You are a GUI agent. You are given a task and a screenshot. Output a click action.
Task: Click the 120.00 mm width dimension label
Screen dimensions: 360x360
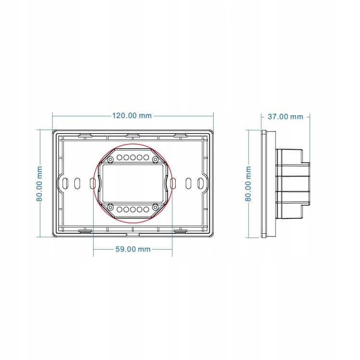tap(132, 116)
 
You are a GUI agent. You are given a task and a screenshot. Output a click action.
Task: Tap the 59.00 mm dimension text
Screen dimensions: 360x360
tap(133, 249)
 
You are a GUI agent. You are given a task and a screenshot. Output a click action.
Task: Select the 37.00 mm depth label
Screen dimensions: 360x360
tap(286, 117)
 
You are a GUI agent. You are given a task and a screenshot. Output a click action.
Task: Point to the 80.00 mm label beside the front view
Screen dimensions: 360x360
tap(39, 184)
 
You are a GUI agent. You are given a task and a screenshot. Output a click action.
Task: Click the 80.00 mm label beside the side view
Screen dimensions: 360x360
tap(248, 184)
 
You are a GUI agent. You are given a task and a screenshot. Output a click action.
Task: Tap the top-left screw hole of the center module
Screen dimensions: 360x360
tap(110, 159)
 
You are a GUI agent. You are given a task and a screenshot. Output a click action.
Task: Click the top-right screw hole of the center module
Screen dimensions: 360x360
tap(156, 159)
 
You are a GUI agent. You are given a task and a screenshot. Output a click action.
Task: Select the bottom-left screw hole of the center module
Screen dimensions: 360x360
tap(110, 207)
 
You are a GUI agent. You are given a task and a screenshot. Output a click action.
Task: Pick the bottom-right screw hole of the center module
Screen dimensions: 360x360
tap(156, 207)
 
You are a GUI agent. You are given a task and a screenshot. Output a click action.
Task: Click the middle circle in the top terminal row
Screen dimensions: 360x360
tap(133, 157)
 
